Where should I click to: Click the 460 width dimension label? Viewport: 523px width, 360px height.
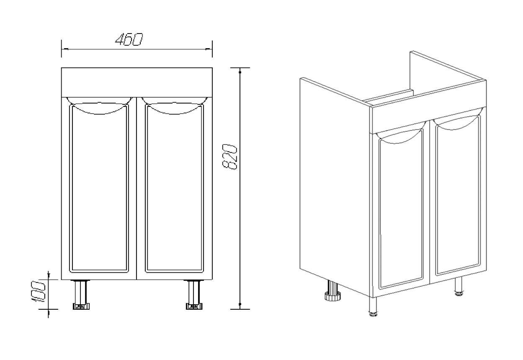[x=129, y=39]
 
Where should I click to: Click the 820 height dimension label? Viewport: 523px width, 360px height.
[x=230, y=156]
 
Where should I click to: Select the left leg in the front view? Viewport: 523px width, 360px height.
[x=81, y=295]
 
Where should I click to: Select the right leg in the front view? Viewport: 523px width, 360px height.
[x=194, y=295]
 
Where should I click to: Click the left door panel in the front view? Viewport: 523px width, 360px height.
[x=99, y=188]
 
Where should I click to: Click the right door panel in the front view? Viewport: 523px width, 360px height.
[x=175, y=188]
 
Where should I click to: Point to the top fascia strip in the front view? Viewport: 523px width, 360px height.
[x=137, y=83]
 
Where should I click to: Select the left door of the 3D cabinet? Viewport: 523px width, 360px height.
[x=401, y=209]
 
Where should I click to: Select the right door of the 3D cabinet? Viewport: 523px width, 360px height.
[x=458, y=196]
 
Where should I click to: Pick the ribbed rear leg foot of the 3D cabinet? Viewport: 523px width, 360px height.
[x=332, y=296]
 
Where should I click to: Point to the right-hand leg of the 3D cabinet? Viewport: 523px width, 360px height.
[x=459, y=286]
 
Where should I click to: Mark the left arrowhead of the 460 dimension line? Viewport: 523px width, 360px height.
[x=65, y=49]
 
